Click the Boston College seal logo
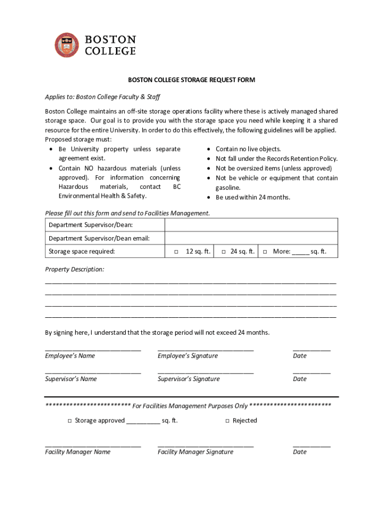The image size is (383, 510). [67, 45]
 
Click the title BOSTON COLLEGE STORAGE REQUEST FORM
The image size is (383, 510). [191, 80]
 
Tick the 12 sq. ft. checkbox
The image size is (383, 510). [176, 252]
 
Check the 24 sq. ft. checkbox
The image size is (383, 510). [223, 252]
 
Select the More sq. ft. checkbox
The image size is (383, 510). [265, 252]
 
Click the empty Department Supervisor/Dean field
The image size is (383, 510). [251, 225]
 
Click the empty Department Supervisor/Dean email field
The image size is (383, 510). [251, 238]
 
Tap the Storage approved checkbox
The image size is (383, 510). [70, 421]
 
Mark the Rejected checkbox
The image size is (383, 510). [227, 421]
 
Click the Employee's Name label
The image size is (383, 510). [70, 356]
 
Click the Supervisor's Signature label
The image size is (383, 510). [189, 379]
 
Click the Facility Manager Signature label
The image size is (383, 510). [195, 452]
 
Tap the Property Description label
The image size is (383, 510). [75, 269]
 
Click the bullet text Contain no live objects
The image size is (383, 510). [248, 149]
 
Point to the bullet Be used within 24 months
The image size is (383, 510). [252, 197]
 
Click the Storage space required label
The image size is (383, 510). [82, 252]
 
